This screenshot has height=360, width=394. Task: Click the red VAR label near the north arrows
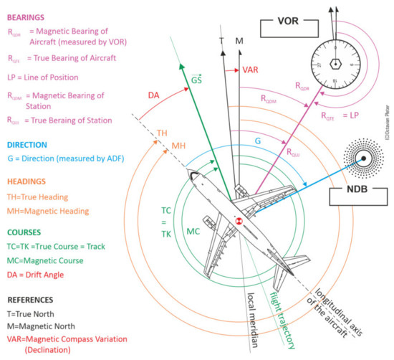coord(251,71)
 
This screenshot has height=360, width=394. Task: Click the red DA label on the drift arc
coord(153,95)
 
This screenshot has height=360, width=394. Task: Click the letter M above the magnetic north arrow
coord(239,42)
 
